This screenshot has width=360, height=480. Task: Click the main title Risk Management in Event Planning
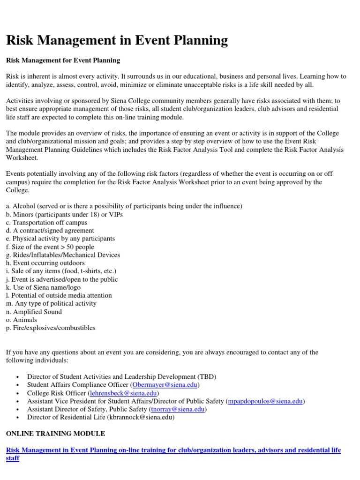pyautogui.click(x=117, y=40)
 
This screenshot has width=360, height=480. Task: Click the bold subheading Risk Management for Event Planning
pyautogui.click(x=63, y=60)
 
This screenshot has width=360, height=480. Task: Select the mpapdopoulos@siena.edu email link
pyautogui.click(x=265, y=401)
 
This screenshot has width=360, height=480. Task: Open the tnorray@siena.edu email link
pyautogui.click(x=177, y=409)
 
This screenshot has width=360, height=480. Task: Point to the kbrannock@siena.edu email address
pyautogui.click(x=141, y=417)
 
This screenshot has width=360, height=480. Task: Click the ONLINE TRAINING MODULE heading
pyautogui.click(x=55, y=434)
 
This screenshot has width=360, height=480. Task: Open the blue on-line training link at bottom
pyautogui.click(x=173, y=450)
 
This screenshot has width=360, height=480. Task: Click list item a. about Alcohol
pyautogui.click(x=124, y=206)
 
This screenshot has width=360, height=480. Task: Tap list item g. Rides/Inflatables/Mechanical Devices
pyautogui.click(x=63, y=255)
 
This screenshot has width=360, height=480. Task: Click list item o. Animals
pyautogui.click(x=22, y=320)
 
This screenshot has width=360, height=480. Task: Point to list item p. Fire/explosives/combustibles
pyautogui.click(x=51, y=328)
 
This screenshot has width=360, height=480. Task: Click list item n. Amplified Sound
pyautogui.click(x=34, y=312)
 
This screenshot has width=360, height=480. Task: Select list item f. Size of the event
pyautogui.click(x=50, y=247)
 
